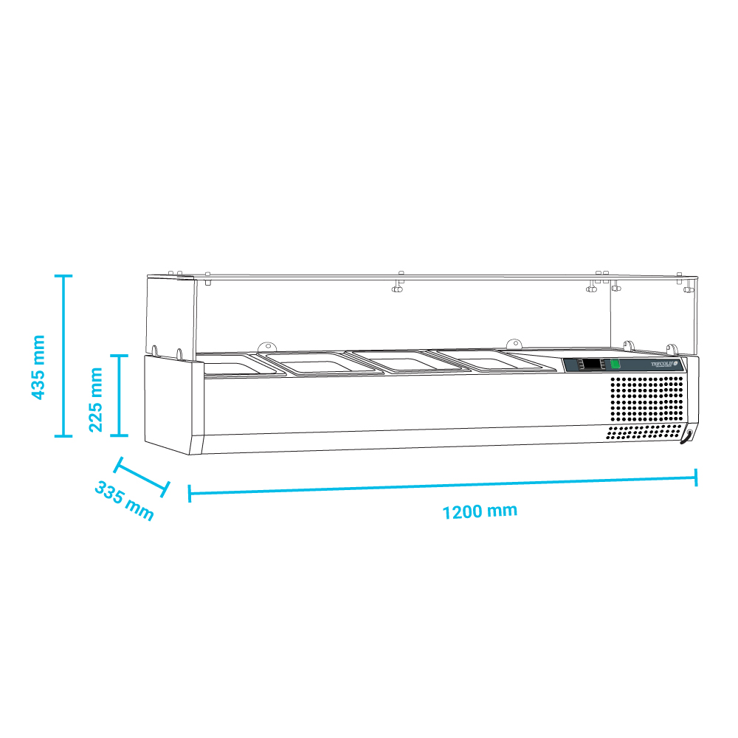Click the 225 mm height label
tap(95, 399)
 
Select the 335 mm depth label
tap(124, 502)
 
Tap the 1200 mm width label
tap(480, 511)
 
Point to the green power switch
tap(615, 364)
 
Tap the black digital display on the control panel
tap(591, 365)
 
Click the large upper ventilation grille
tap(646, 399)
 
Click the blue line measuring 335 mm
tap(143, 477)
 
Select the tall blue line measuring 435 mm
tap(63, 356)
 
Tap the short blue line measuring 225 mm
tap(119, 395)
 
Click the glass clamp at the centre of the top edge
tap(399, 283)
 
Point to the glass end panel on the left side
tap(171, 314)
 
